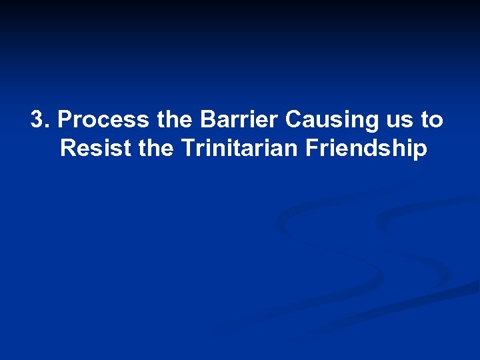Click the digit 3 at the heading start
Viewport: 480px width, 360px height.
(x=38, y=120)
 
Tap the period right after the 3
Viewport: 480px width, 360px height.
(x=48, y=127)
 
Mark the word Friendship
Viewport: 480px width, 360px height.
(x=365, y=149)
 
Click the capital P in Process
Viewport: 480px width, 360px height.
(x=65, y=120)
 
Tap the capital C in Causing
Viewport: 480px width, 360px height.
(x=293, y=120)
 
